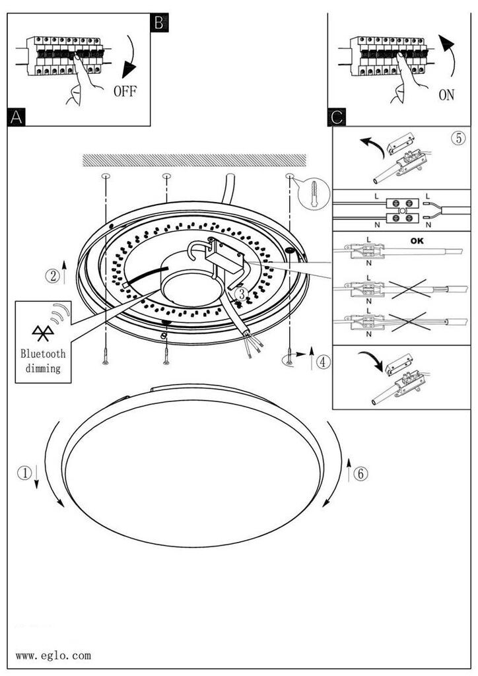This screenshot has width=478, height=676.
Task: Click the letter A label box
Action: (17, 118)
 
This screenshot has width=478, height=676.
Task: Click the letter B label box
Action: (159, 22)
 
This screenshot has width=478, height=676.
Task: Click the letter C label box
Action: (337, 118)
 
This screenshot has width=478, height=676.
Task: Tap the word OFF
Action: (125, 91)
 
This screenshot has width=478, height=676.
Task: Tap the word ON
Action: (446, 95)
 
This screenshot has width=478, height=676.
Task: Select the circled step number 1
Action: (24, 473)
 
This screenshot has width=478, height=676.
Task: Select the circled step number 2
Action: (53, 275)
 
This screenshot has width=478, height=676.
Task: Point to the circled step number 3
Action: (242, 294)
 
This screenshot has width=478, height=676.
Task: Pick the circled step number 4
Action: (324, 361)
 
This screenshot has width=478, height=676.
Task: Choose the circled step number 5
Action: (459, 138)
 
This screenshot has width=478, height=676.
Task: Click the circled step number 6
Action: (360, 474)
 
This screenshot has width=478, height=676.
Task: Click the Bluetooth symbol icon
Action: (43, 333)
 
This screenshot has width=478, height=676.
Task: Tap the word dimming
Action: (43, 368)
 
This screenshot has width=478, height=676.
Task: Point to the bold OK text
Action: (417, 240)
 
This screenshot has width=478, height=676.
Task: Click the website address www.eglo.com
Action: (53, 656)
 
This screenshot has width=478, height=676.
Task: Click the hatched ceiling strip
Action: (194, 160)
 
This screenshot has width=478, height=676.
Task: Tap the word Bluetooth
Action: (43, 354)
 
